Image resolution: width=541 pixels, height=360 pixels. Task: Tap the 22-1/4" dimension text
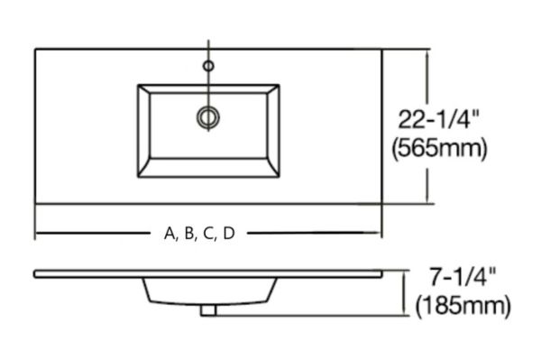point(439,119)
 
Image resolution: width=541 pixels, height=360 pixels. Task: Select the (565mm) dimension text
point(440,149)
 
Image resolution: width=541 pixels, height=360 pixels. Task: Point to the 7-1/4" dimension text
point(462,278)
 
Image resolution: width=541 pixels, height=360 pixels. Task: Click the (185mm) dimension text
point(463,306)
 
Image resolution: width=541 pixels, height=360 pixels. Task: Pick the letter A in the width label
point(170,234)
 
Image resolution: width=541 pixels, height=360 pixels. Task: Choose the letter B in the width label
point(188,234)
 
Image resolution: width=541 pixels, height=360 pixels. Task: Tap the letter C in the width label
point(208,234)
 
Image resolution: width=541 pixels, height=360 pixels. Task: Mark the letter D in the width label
point(229,234)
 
